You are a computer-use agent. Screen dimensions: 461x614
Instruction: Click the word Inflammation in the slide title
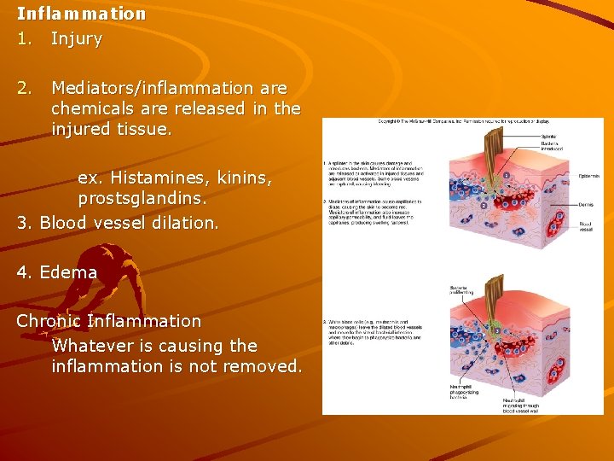(81, 14)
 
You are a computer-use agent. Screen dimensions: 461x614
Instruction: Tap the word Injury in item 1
(77, 38)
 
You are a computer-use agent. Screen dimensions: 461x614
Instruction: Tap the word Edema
(68, 272)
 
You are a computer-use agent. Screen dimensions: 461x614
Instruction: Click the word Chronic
(49, 321)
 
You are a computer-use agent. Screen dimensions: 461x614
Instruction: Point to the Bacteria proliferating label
(461, 292)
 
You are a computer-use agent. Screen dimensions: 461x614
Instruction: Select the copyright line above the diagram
(461, 122)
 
